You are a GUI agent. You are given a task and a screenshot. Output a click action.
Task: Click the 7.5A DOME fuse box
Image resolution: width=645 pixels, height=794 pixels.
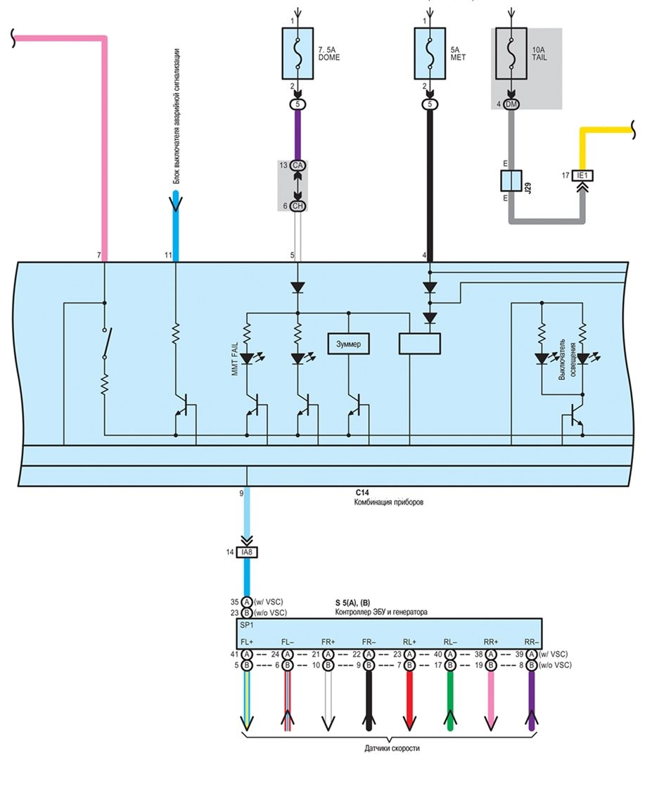pyautogui.click(x=298, y=53)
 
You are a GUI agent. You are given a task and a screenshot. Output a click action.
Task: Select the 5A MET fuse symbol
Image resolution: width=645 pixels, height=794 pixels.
pyautogui.click(x=429, y=53)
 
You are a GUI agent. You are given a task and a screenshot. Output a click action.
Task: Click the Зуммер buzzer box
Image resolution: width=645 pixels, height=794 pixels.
pyautogui.click(x=350, y=343)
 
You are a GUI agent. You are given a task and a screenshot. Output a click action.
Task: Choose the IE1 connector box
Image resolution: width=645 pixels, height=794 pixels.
pyautogui.click(x=582, y=175)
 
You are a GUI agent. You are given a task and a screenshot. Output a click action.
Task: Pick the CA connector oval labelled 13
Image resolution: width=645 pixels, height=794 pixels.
pyautogui.click(x=298, y=165)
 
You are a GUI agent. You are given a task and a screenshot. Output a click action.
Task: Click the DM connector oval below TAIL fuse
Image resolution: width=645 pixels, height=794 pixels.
pyautogui.click(x=512, y=104)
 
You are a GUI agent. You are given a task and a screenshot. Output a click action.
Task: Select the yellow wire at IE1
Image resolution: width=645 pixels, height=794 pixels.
pyautogui.click(x=605, y=130)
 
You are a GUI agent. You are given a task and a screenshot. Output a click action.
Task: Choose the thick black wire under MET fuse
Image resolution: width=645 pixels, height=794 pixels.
pyautogui.click(x=429, y=183)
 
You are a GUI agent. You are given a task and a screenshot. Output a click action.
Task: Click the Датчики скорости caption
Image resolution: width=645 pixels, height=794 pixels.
pyautogui.click(x=392, y=748)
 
